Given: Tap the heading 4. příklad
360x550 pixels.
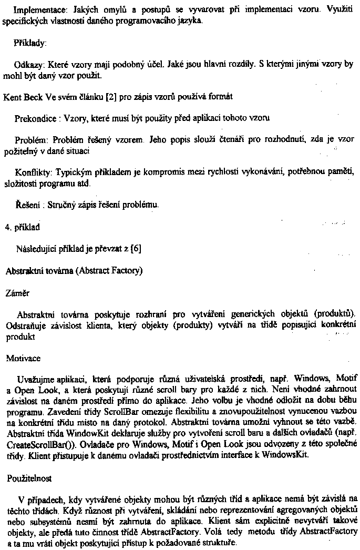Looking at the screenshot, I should click(x=23, y=228).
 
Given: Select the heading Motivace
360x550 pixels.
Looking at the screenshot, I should click(x=22, y=358).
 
